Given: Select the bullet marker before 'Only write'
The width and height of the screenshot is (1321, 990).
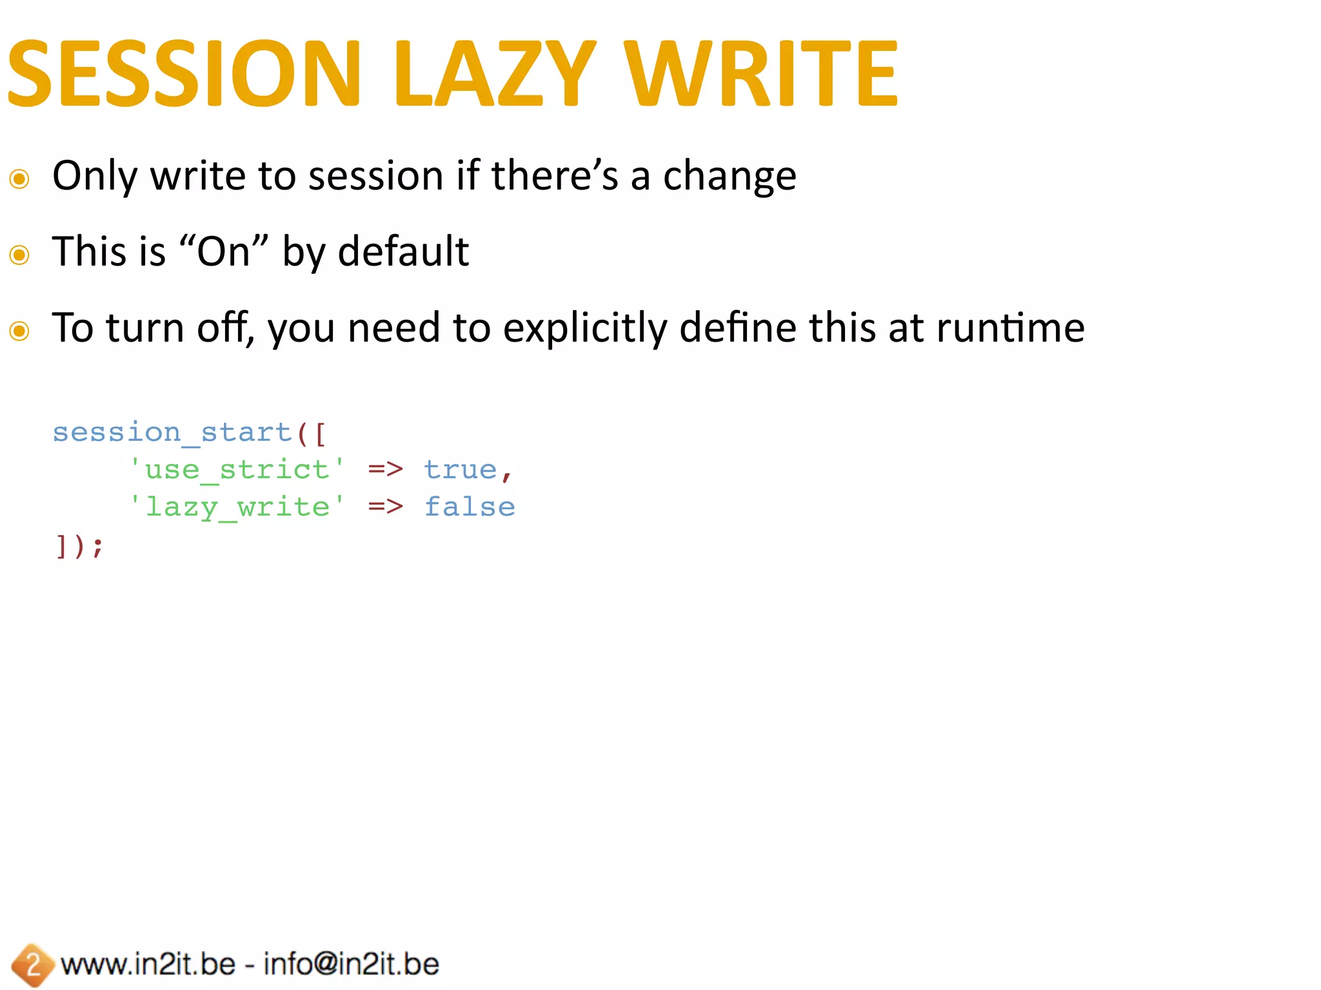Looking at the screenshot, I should tap(19, 179).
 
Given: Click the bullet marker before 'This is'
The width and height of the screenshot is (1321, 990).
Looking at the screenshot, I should tap(19, 255).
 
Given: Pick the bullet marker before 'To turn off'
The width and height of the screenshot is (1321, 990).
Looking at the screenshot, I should tap(19, 331).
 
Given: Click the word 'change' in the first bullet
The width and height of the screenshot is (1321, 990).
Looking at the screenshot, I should tap(730, 177).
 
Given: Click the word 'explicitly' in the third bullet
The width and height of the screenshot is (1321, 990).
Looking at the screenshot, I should tap(584, 329).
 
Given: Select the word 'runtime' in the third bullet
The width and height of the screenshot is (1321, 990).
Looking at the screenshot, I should tap(1010, 328).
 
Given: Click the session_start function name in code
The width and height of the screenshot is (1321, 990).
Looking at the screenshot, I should tap(172, 432).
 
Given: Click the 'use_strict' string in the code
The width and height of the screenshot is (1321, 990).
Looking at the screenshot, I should tap(237, 470).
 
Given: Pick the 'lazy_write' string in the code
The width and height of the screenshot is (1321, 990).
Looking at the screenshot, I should tap(237, 507).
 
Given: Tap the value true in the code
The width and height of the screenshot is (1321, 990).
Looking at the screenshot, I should tap(460, 470).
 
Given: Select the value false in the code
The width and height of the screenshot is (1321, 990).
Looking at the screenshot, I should tap(470, 507).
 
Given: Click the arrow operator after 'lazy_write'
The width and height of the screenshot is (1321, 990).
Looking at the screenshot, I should tap(385, 507).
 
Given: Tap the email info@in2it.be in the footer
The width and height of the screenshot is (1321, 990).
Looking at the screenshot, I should tap(352, 964).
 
